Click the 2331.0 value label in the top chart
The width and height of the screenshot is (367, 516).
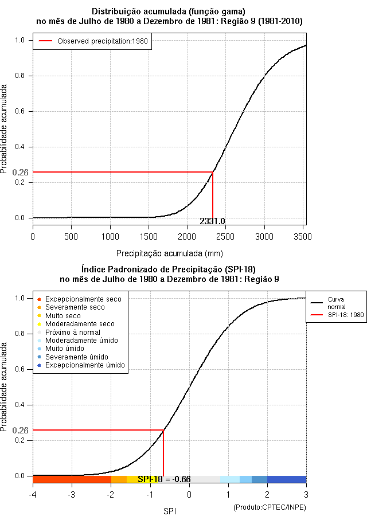[212, 221]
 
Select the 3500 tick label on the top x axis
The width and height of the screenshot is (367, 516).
[303, 236]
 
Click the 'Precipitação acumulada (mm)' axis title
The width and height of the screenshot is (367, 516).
[170, 253]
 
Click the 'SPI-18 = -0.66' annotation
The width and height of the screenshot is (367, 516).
[164, 479]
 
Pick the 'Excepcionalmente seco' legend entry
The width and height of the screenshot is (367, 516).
[83, 299]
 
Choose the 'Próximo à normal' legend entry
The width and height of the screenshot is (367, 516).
[73, 332]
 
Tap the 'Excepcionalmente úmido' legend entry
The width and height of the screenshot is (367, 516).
[85, 365]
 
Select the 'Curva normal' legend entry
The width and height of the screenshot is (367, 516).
[336, 303]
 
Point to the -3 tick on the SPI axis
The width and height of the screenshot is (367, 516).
[72, 495]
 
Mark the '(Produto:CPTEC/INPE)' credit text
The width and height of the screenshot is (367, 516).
[270, 507]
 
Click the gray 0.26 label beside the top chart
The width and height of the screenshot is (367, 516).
[20, 172]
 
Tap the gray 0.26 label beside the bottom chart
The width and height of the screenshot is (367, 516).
[20, 430]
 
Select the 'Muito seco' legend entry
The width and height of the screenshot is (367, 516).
[63, 316]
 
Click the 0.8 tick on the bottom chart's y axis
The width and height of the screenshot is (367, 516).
[20, 334]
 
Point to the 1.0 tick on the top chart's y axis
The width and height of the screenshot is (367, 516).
[20, 40]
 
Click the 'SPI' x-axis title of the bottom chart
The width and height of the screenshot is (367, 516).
[170, 510]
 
